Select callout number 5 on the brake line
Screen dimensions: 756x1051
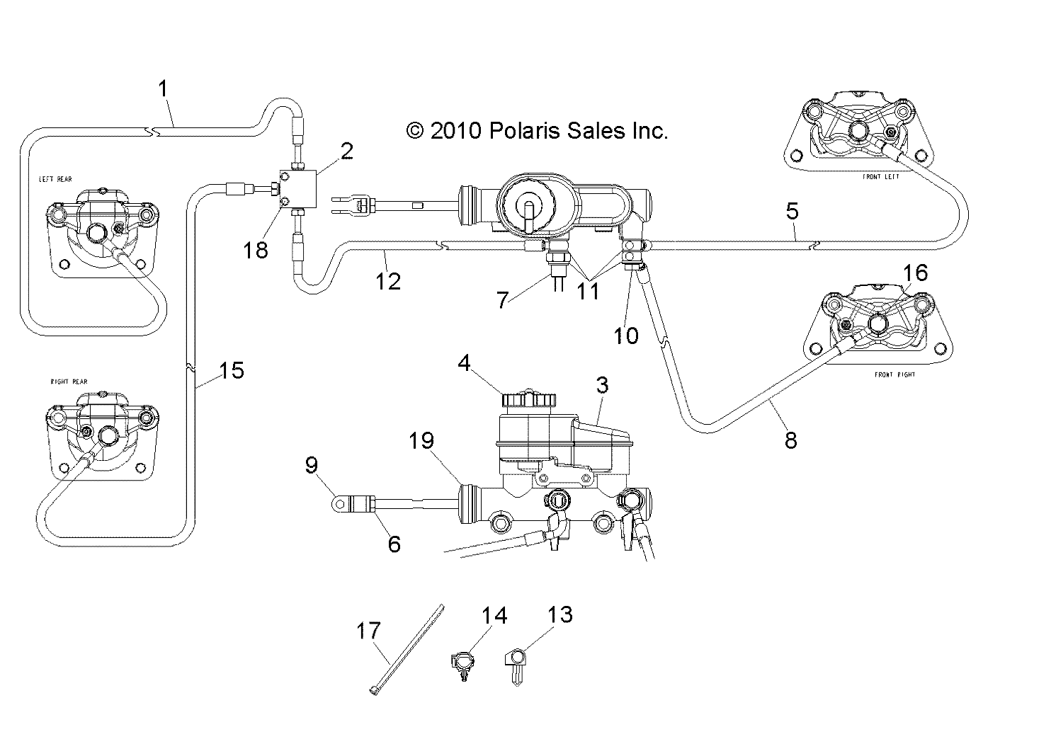[792, 210]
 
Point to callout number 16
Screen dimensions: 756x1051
[914, 273]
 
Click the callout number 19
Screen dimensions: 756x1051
[421, 441]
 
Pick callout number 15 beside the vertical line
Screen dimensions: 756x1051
[232, 370]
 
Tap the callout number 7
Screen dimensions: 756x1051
[503, 299]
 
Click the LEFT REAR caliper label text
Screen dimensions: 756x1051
[55, 179]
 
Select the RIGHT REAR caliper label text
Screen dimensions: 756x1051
[69, 382]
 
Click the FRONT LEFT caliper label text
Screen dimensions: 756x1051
[881, 177]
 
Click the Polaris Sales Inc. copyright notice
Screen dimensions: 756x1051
[538, 130]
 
